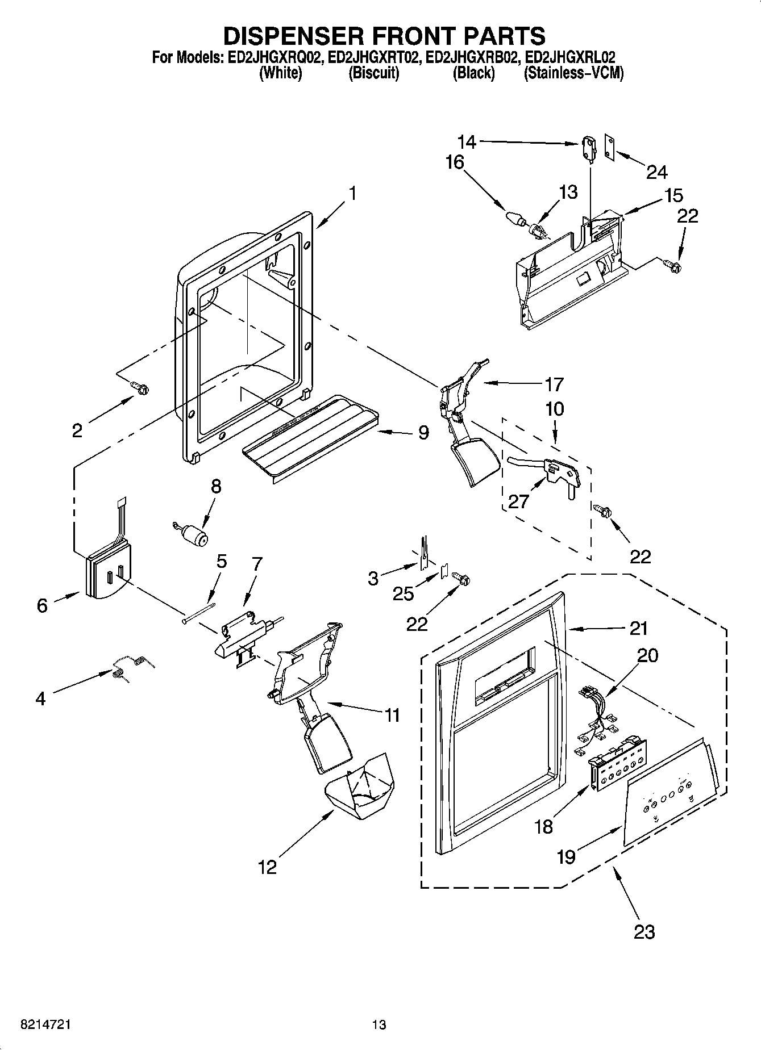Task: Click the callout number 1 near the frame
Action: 352,194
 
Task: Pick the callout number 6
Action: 42,606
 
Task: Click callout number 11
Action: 392,715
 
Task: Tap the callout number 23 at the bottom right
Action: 644,931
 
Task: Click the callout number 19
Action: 566,856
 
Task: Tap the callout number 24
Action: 656,172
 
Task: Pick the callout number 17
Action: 554,384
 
